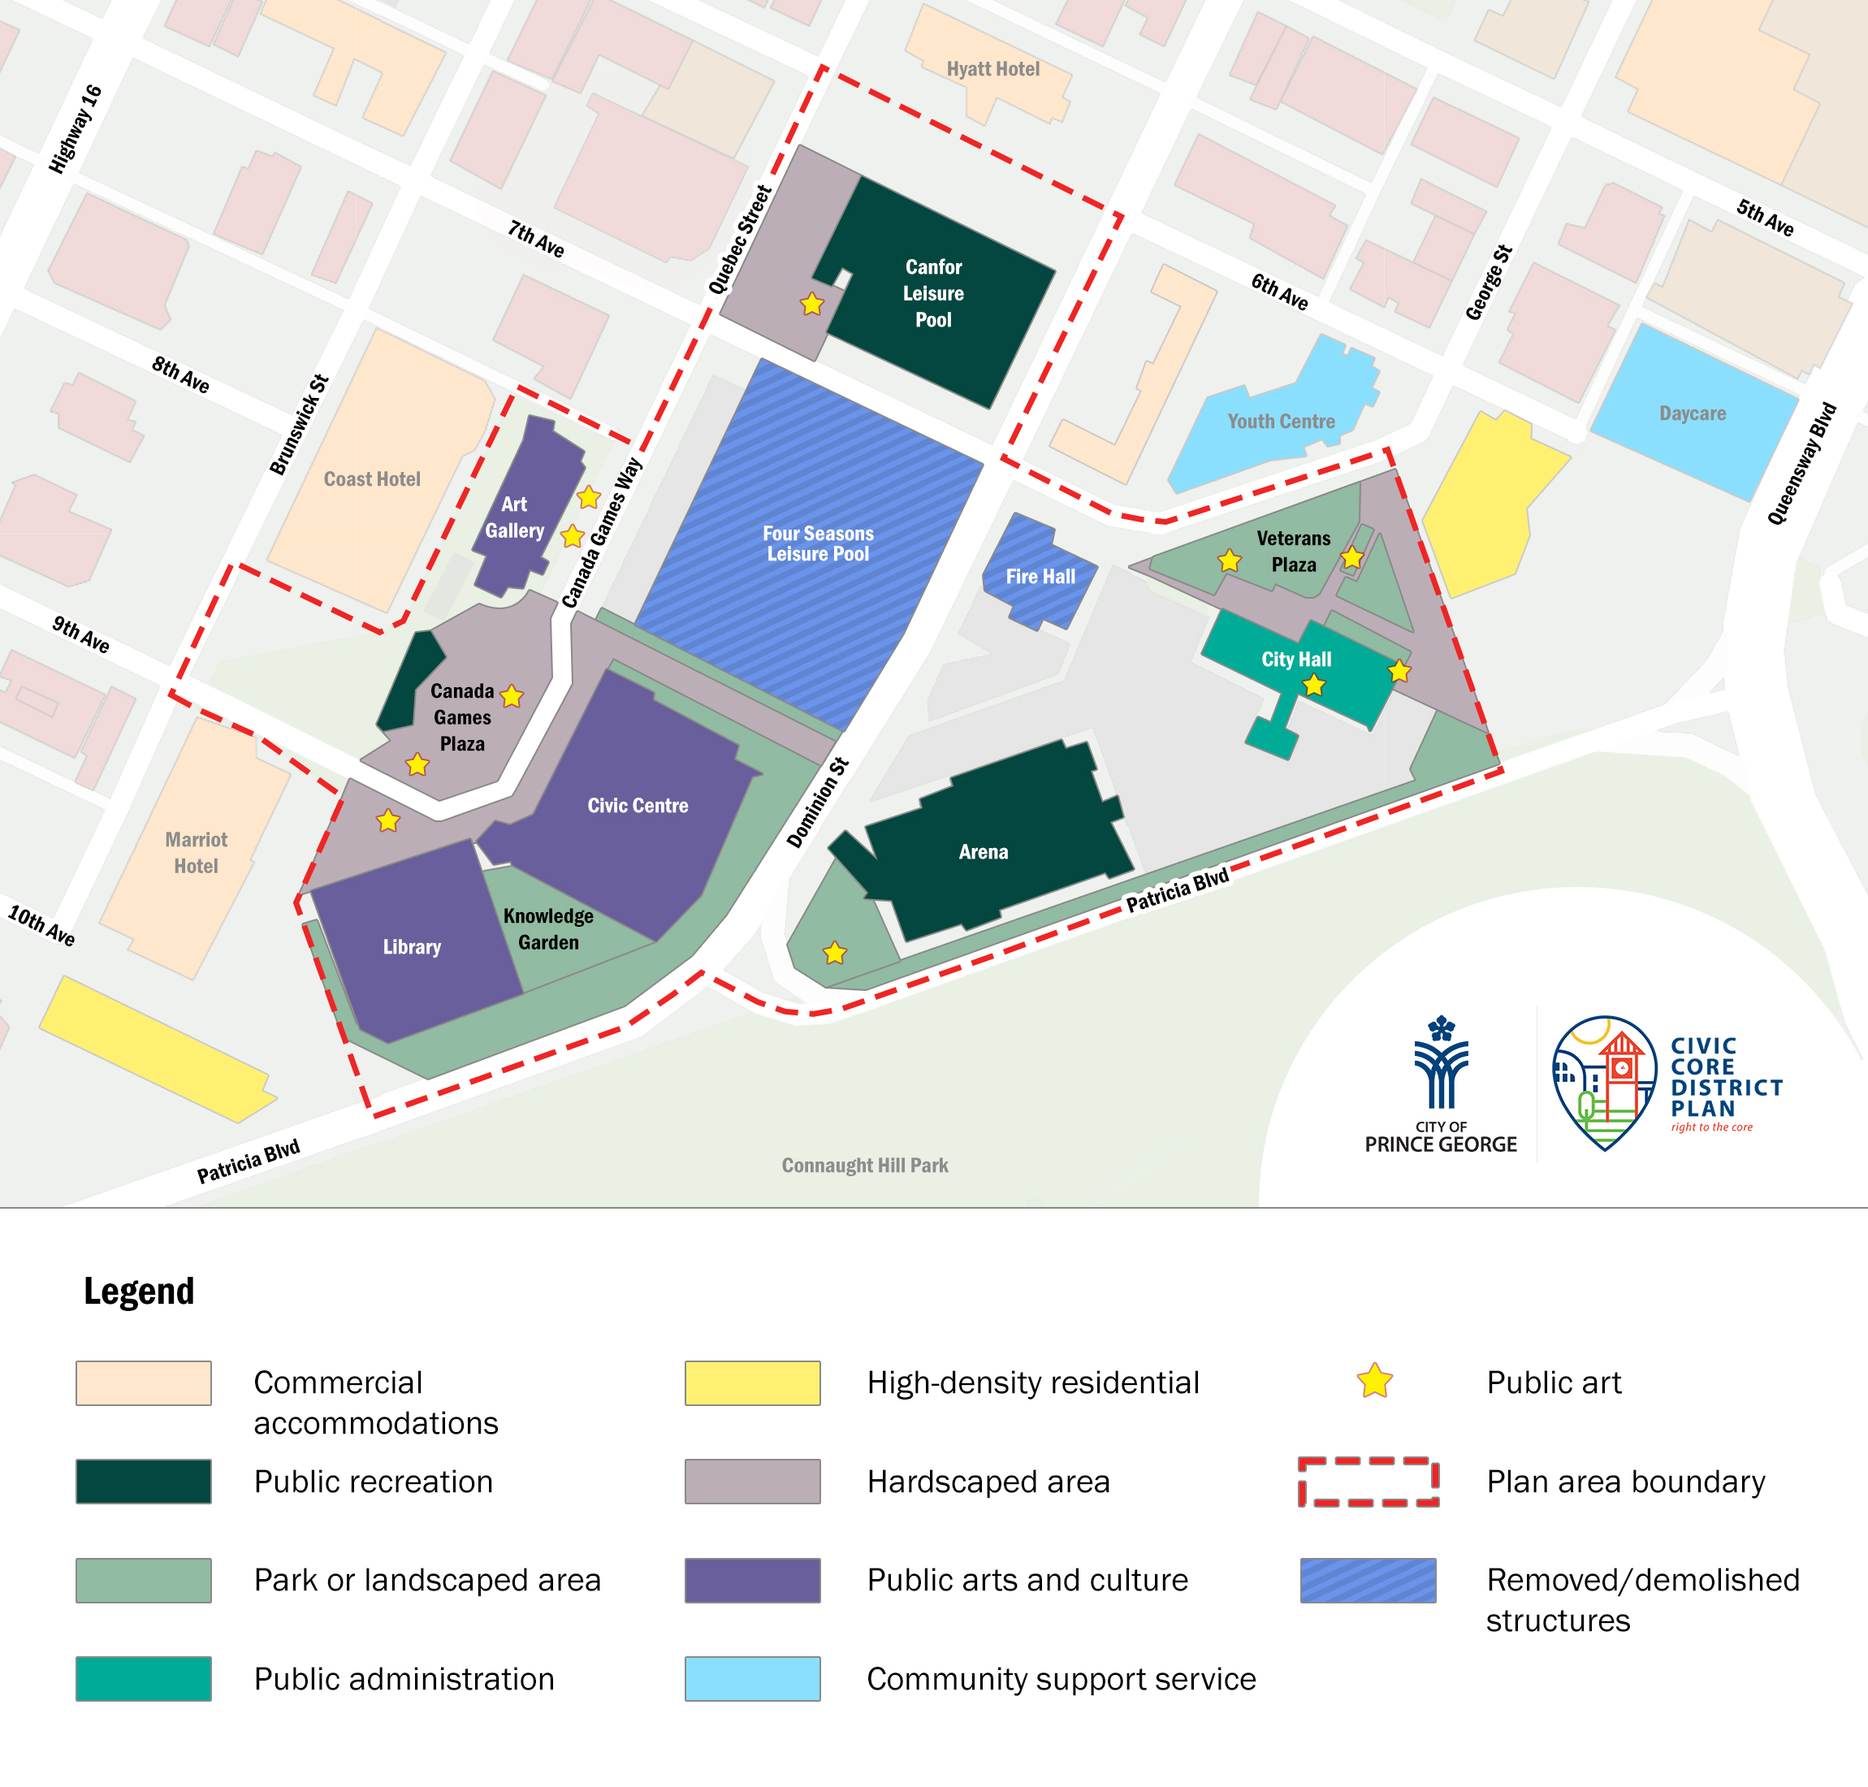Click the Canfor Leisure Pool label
[932, 293]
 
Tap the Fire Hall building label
[1040, 576]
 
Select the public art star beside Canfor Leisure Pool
[811, 304]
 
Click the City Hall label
[1295, 660]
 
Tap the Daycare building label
[1692, 413]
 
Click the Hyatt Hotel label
[992, 68]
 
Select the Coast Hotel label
[371, 479]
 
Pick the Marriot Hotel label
[197, 853]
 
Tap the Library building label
[412, 947]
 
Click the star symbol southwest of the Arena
[834, 953]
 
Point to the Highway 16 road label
[76, 129]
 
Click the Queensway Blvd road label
[1801, 464]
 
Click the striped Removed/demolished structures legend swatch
[1368, 1581]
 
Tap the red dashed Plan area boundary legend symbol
[1368, 1482]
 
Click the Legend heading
[139, 1292]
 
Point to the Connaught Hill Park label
[864, 1165]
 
